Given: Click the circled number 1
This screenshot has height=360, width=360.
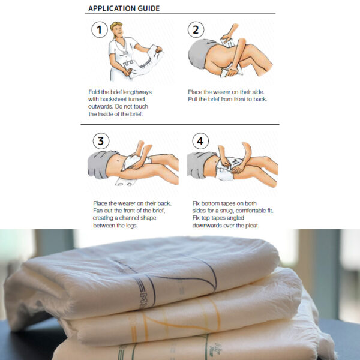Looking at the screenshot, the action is point(100,29).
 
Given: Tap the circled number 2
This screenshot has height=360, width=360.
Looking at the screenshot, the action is point(196,29).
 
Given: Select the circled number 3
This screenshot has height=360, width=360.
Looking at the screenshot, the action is point(101,141).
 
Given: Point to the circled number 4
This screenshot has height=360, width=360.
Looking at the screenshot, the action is point(200,141).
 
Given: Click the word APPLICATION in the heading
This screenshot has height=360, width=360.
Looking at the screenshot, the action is point(112,8).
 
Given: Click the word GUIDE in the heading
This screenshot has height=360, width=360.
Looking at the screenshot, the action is point(149,8).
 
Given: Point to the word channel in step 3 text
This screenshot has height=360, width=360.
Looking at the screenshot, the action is point(133,218).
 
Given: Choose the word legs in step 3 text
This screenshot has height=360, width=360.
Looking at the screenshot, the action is point(132,226).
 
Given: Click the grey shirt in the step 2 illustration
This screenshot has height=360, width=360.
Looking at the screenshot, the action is point(200,53).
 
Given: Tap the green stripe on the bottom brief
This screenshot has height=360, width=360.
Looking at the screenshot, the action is point(206,347).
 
